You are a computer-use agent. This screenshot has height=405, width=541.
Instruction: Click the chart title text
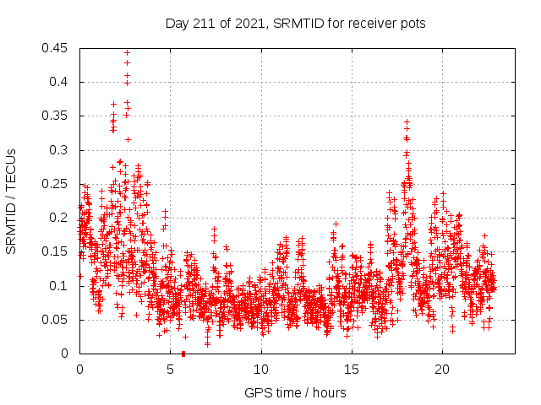(295, 24)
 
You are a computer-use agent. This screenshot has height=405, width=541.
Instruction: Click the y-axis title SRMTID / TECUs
(12, 200)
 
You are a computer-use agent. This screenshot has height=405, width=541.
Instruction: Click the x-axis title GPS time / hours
(295, 392)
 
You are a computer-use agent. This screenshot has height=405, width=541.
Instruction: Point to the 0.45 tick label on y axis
(57, 48)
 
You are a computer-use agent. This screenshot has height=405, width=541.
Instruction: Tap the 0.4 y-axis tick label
(60, 82)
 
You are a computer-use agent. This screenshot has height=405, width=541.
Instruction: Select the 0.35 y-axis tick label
(57, 116)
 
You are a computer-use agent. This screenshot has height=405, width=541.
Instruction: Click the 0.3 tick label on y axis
(60, 150)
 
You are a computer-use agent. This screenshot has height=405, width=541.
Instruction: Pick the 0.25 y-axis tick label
(57, 184)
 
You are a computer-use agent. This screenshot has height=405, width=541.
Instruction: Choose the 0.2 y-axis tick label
(60, 218)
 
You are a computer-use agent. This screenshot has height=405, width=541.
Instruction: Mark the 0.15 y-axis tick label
(57, 252)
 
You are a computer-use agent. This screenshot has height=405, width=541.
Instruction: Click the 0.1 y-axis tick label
(60, 286)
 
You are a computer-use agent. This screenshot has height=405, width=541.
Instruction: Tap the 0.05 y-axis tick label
(57, 320)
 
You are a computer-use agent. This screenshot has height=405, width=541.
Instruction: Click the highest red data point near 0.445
(127, 52)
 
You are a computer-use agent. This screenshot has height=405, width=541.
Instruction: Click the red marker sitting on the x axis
(183, 354)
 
